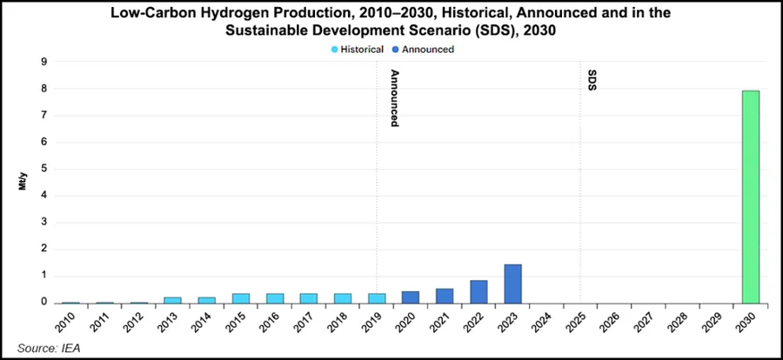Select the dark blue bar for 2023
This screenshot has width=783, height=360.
[513, 283]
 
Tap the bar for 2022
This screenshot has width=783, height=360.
[479, 291]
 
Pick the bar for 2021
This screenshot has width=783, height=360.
[445, 296]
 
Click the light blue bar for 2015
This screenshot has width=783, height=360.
[241, 298]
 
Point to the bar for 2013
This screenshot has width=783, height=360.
[173, 300]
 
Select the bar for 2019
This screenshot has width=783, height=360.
[377, 298]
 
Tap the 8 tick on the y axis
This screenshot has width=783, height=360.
[43, 89]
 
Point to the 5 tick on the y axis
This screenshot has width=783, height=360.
[43, 170]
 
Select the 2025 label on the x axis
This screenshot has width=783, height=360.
[577, 323]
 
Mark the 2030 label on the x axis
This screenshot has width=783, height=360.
[746, 323]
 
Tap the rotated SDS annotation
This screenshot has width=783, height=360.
[592, 82]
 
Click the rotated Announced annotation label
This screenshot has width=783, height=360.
[394, 98]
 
